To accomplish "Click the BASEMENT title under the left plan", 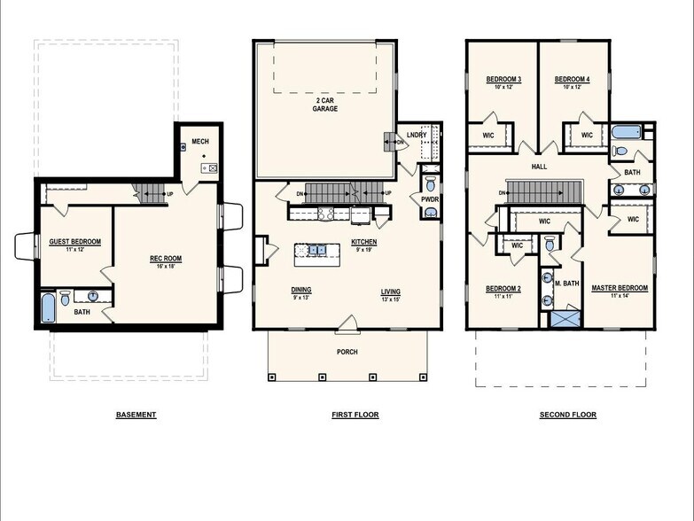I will pyautogui.click(x=136, y=415).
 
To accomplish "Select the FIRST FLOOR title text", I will pyautogui.click(x=355, y=415).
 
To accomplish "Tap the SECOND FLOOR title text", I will pyautogui.click(x=568, y=415).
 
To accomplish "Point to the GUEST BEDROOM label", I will pyautogui.click(x=74, y=242).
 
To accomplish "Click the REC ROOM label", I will pyautogui.click(x=166, y=260).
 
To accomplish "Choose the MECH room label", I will pyautogui.click(x=199, y=142).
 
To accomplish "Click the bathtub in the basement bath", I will pyautogui.click(x=48, y=307).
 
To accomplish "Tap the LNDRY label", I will pyautogui.click(x=416, y=135).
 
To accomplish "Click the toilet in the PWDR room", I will pyautogui.click(x=430, y=184).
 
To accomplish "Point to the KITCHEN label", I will pyautogui.click(x=364, y=242).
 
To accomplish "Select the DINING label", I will pyautogui.click(x=301, y=290).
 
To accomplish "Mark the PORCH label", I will pyautogui.click(x=347, y=352).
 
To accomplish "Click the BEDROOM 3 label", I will pyautogui.click(x=503, y=80).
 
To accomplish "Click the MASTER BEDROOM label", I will pyautogui.click(x=620, y=288).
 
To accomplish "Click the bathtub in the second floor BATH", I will pyautogui.click(x=626, y=133).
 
